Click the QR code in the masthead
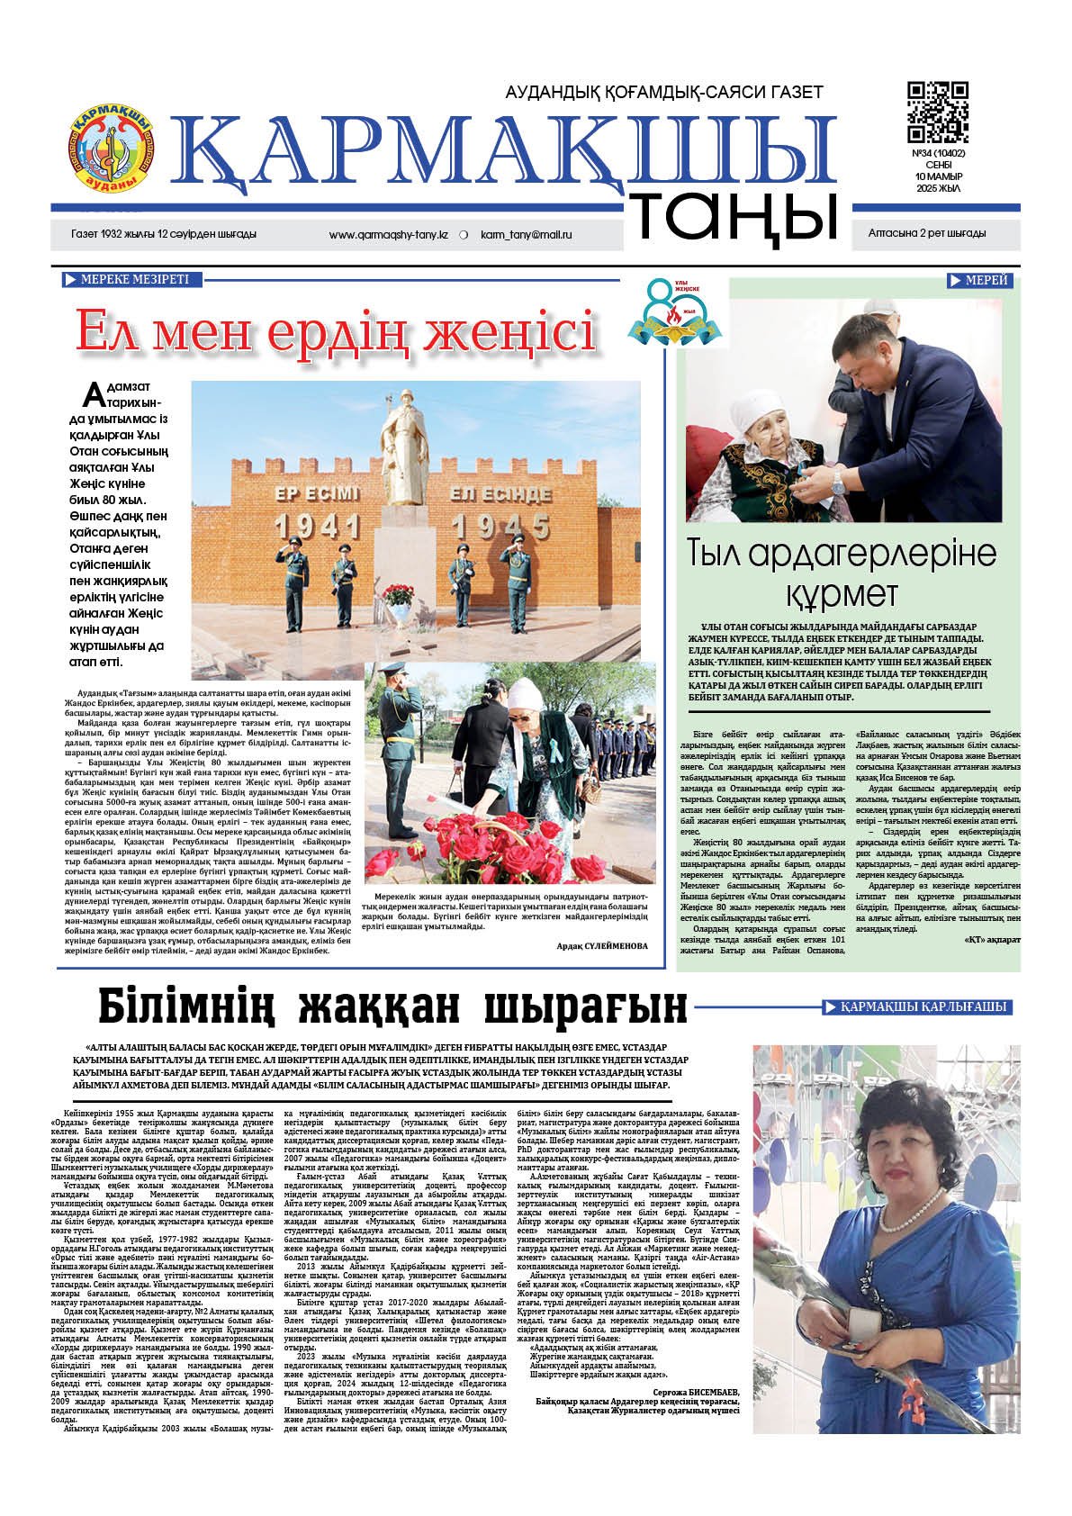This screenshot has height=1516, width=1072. coord(937,112)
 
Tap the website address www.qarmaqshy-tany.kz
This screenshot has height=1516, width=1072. coord(389,234)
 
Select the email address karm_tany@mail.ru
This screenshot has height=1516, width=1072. coord(527,234)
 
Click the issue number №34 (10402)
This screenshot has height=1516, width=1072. coord(938,153)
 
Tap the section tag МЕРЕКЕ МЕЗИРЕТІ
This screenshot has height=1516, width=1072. coord(131,280)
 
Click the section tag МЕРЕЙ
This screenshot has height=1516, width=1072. coord(979,281)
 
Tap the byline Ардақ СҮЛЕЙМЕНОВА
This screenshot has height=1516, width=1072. coord(601,946)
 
